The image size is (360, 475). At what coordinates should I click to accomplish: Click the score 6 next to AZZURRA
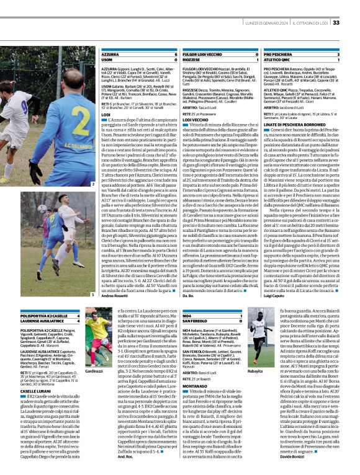(177, 55)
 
